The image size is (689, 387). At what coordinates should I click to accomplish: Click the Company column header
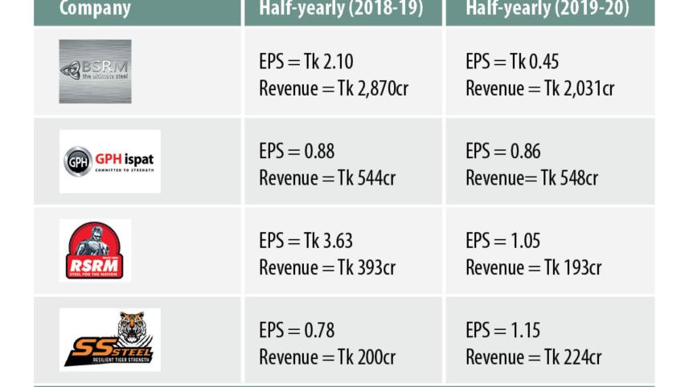[x=95, y=10]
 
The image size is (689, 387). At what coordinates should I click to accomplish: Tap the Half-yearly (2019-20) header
[x=548, y=10]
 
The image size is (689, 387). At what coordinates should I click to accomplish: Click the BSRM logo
[x=95, y=71]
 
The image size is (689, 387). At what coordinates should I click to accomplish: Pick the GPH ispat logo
[x=109, y=161]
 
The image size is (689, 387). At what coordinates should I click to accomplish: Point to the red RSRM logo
[x=95, y=251]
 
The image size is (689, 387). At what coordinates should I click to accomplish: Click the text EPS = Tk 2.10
[x=306, y=62]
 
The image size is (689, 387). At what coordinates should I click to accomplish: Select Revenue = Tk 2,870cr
[x=333, y=88]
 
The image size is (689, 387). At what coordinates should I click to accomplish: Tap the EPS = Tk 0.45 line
[x=512, y=62]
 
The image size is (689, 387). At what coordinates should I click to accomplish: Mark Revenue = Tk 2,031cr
[x=539, y=88]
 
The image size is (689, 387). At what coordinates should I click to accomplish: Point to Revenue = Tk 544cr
[x=326, y=177]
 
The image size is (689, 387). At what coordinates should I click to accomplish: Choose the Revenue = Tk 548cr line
[x=531, y=177]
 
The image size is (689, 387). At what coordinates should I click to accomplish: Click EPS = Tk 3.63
[x=306, y=241]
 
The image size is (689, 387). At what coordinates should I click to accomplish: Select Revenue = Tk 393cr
[x=326, y=267]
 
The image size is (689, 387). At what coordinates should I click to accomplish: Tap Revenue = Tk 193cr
[x=533, y=267]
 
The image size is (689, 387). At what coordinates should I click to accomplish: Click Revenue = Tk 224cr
[x=533, y=356]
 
